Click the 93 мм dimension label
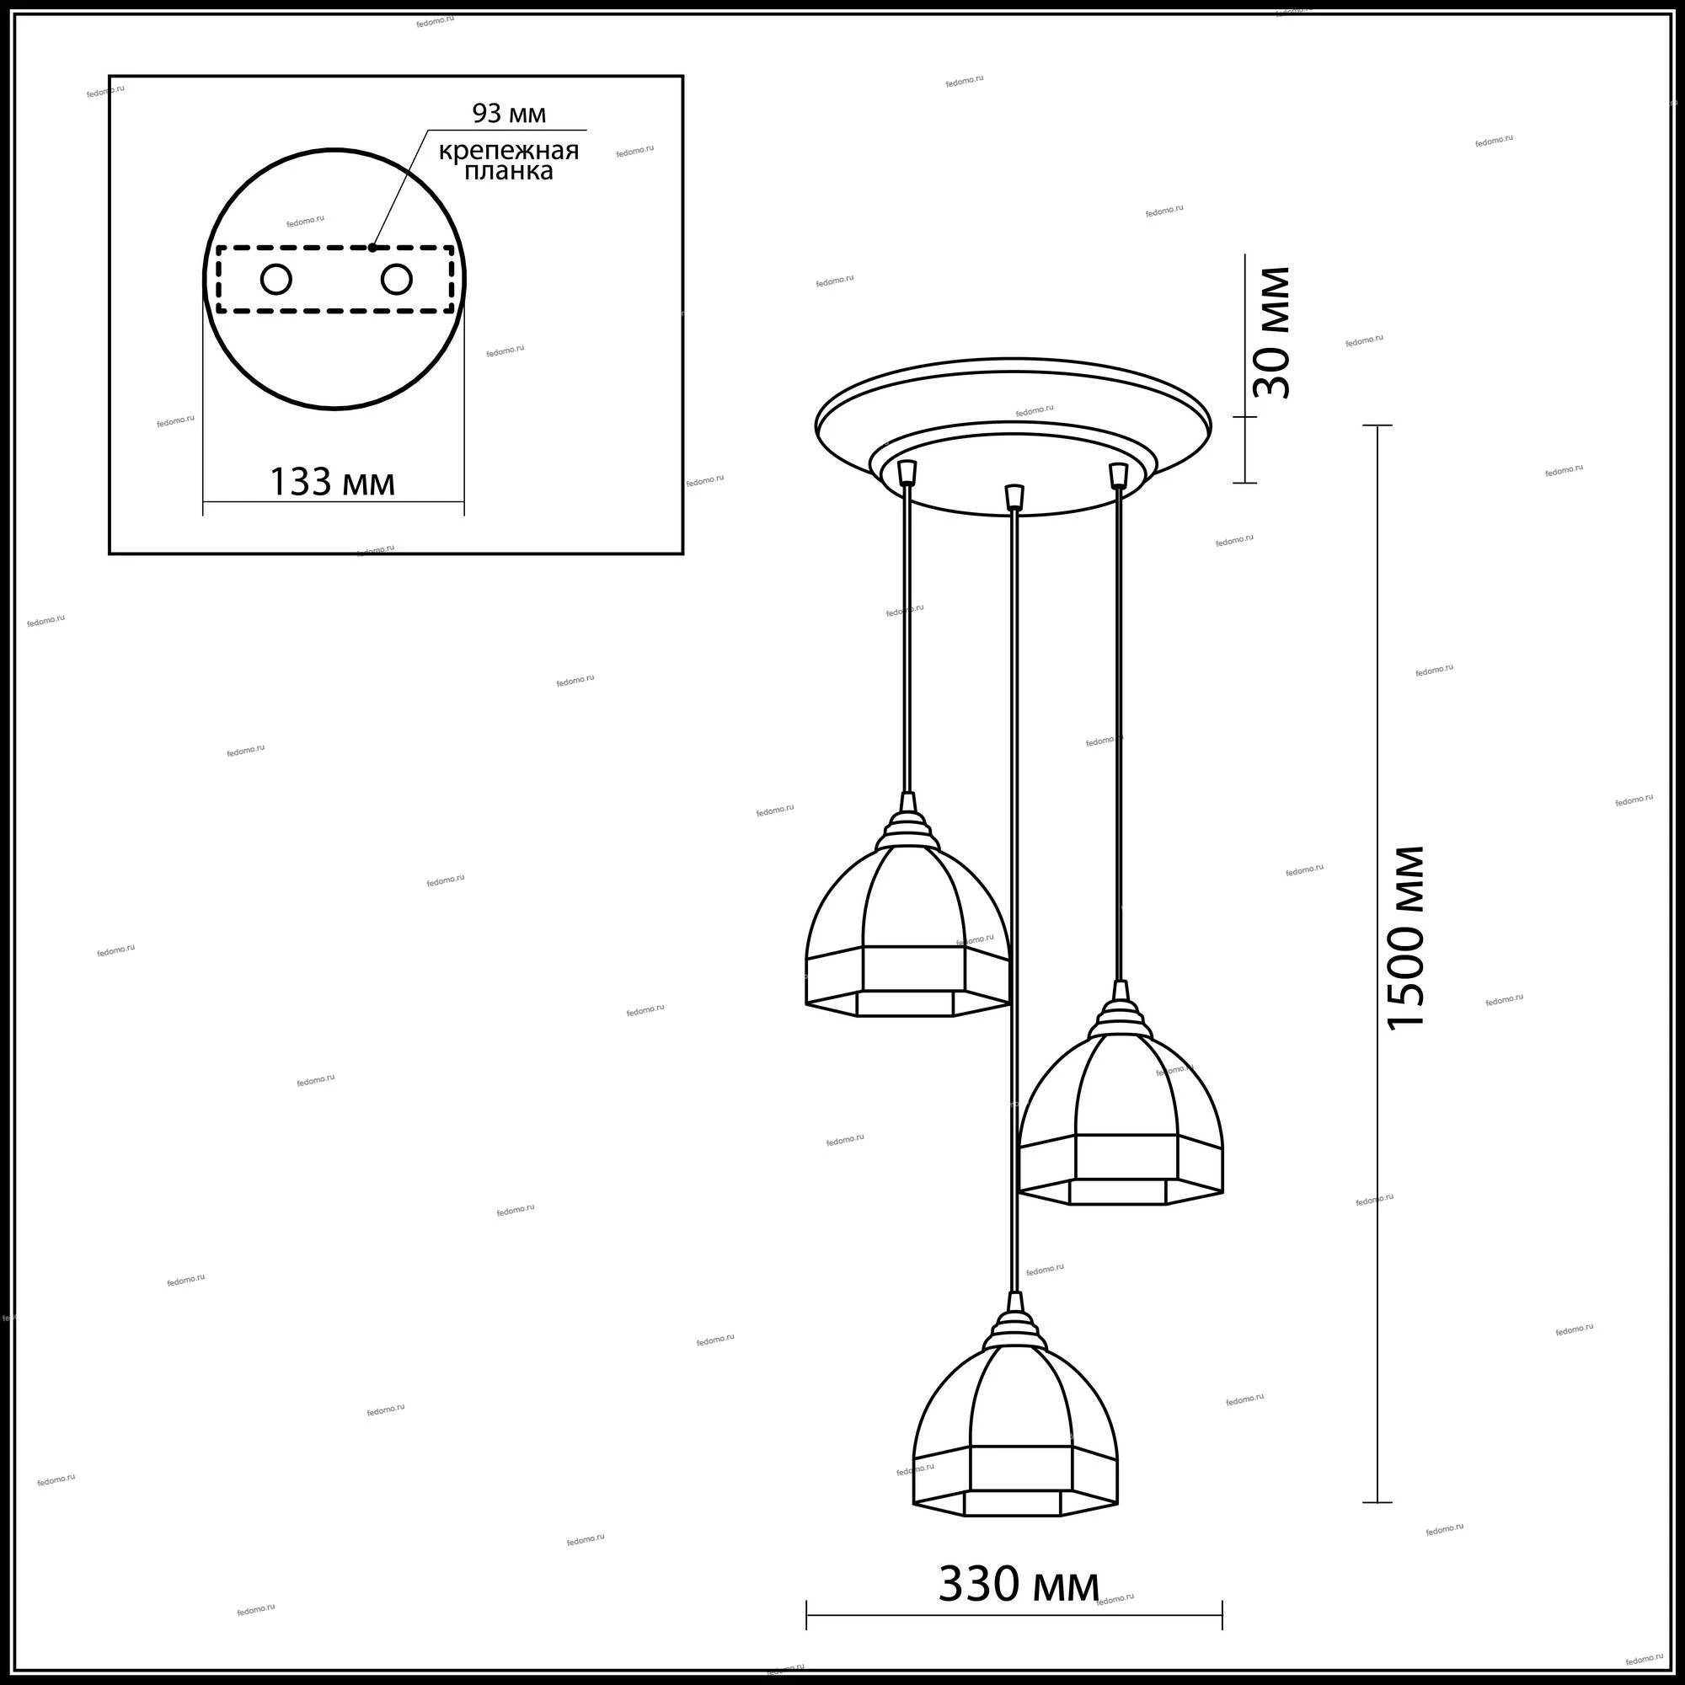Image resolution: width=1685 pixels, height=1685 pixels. [510, 114]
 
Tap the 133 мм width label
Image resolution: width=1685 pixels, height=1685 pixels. [332, 481]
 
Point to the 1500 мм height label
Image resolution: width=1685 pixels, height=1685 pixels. [1404, 938]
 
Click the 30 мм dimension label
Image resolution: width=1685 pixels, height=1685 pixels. [1270, 332]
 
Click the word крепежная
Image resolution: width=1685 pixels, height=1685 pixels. [509, 151]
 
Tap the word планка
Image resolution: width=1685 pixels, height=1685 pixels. [509, 171]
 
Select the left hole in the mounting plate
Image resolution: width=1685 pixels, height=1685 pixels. [276, 280]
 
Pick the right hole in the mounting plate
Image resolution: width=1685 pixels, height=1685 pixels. [396, 280]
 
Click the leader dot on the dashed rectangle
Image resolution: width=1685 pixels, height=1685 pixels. [372, 248]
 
